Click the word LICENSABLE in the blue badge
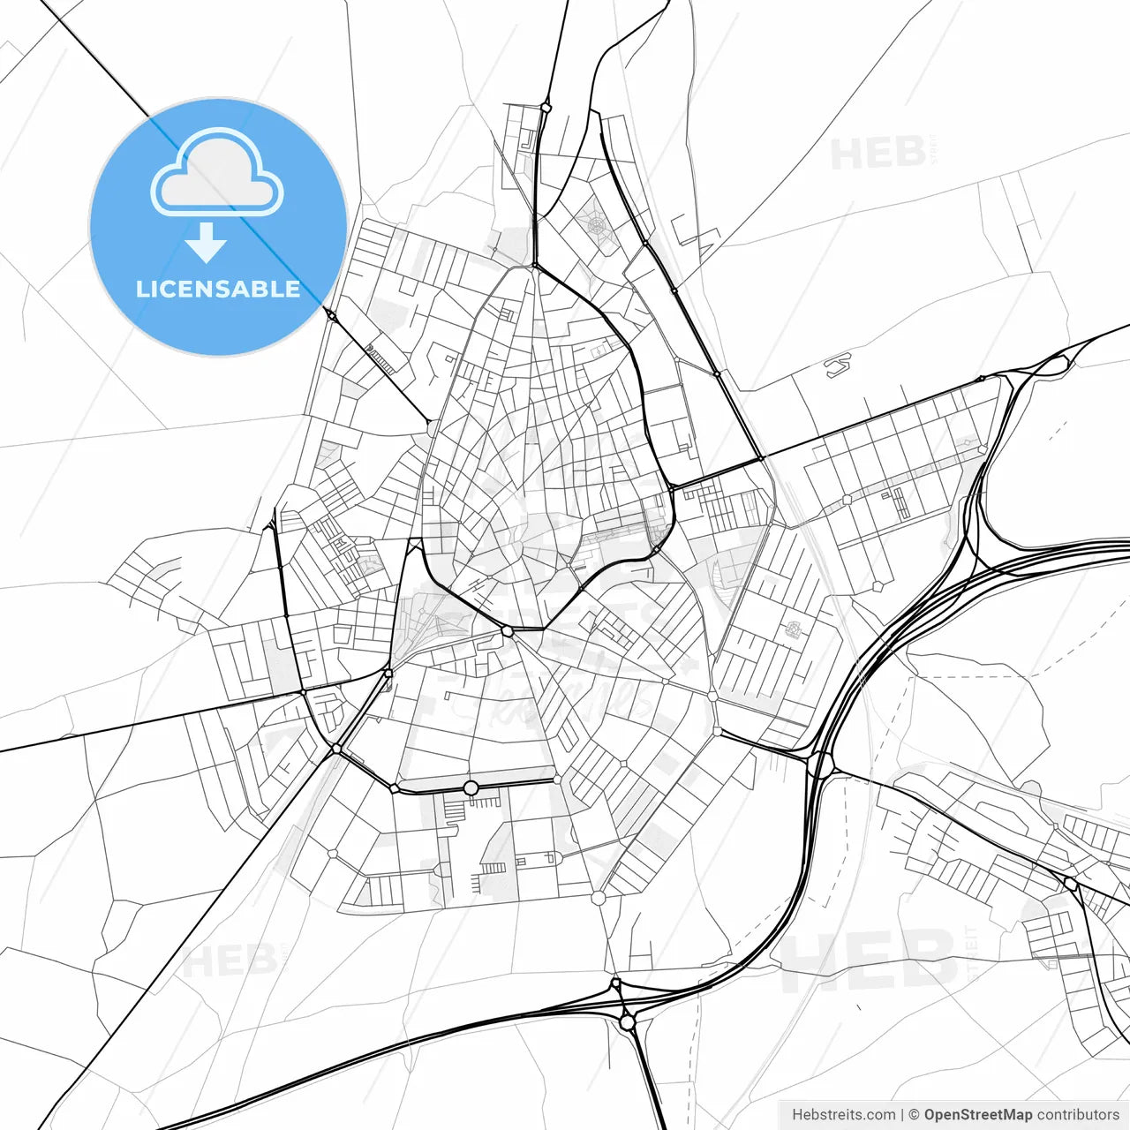pyautogui.click(x=218, y=290)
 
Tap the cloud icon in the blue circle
pyautogui.click(x=217, y=174)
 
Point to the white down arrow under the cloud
pyautogui.click(x=206, y=242)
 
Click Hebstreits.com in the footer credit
pyautogui.click(x=843, y=1115)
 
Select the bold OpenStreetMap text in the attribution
pyautogui.click(x=977, y=1115)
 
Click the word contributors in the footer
pyautogui.click(x=1078, y=1115)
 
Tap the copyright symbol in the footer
pyautogui.click(x=914, y=1115)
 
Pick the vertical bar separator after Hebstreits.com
pyautogui.click(x=901, y=1115)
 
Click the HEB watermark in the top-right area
pyautogui.click(x=878, y=154)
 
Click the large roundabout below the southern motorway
pyautogui.click(x=627, y=1022)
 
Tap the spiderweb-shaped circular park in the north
pyautogui.click(x=598, y=225)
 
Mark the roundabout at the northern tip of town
pyautogui.click(x=546, y=108)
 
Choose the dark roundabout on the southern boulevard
pyautogui.click(x=471, y=787)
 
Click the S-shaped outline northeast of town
pyautogui.click(x=838, y=365)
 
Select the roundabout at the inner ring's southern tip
pyautogui.click(x=507, y=631)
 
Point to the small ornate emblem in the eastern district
pyautogui.click(x=792, y=629)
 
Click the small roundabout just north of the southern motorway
pyautogui.click(x=615, y=983)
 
